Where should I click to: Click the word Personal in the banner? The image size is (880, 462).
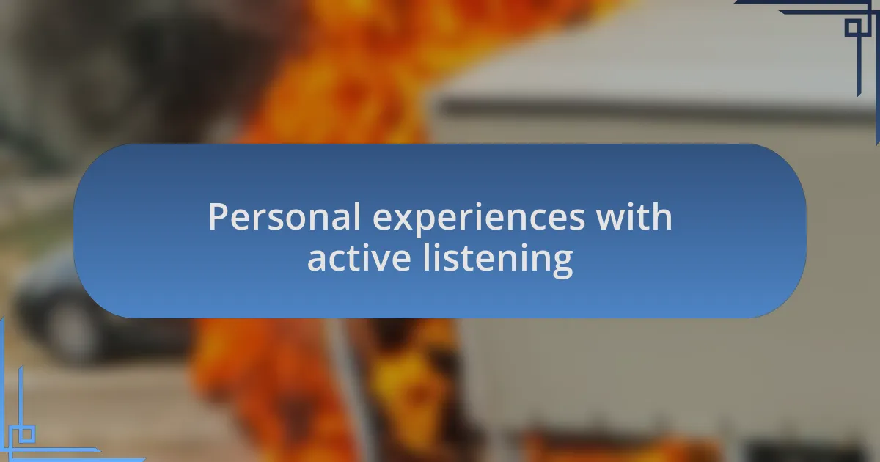tap(284, 216)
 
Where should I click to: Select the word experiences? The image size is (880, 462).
tap(478, 219)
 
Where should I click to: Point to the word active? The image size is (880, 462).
tap(359, 257)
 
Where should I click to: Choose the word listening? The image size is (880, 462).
tap(498, 260)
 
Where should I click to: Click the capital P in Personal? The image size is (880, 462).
tap(218, 216)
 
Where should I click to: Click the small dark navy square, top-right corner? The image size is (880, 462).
tap(853, 28)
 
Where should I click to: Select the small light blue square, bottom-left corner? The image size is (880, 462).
tap(26, 434)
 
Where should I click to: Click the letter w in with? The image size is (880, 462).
tap(614, 219)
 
